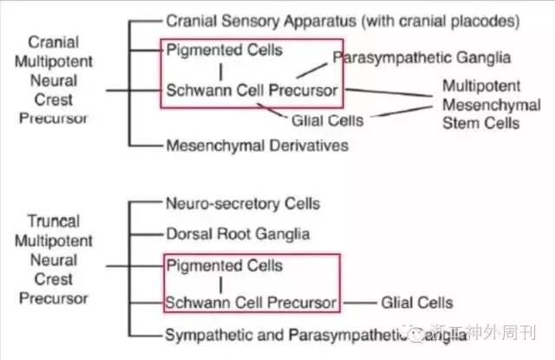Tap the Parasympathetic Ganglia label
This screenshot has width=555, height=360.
(x=421, y=58)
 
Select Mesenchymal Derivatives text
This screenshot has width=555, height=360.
(x=257, y=145)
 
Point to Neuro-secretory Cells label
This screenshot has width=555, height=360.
(x=243, y=204)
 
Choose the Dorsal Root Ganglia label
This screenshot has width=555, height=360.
(x=237, y=233)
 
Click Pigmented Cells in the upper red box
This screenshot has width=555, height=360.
(x=224, y=49)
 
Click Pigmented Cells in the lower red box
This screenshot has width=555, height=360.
(x=224, y=265)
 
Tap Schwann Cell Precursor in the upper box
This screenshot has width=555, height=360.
(x=251, y=89)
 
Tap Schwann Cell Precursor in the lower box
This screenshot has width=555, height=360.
(x=251, y=303)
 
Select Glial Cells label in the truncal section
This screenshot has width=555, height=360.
(x=416, y=303)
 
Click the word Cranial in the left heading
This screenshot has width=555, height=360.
(x=53, y=42)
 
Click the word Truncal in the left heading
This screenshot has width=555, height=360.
(x=53, y=221)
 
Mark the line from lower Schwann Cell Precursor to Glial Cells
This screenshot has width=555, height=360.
(x=357, y=303)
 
